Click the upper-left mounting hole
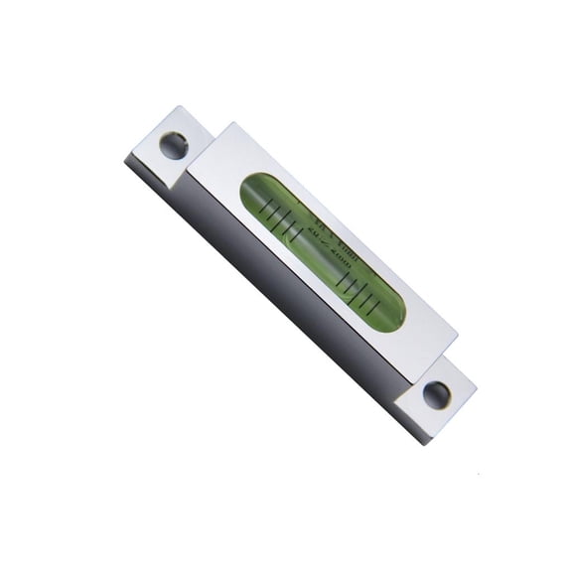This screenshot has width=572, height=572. (x=174, y=145)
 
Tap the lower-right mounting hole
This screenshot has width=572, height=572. (x=437, y=394)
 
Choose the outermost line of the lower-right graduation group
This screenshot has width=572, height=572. (x=374, y=301)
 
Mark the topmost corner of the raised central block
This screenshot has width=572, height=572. (x=234, y=123)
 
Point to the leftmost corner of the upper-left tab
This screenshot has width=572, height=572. (x=125, y=158)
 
